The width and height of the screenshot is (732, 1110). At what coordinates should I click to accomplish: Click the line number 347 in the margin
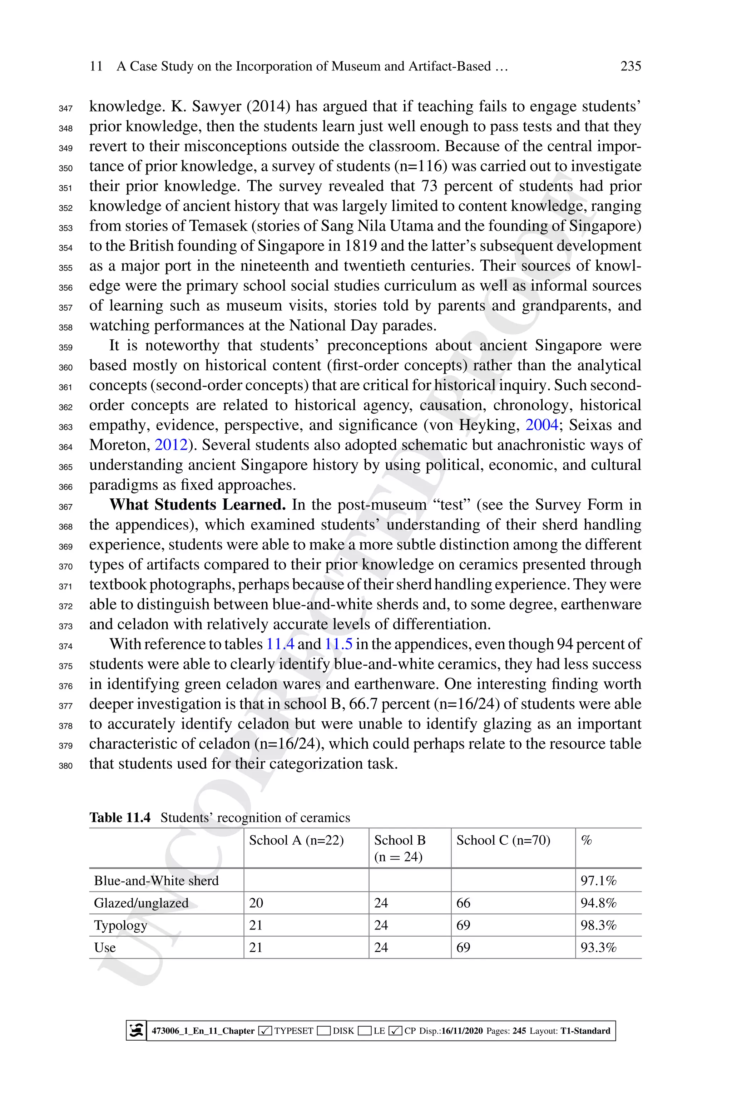65,108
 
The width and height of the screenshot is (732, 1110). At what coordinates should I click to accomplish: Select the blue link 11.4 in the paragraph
280,644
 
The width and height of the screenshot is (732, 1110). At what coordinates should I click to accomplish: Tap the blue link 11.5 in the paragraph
338,644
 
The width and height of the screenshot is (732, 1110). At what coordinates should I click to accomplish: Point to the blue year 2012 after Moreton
171,445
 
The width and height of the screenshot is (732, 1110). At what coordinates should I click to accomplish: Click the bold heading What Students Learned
197,504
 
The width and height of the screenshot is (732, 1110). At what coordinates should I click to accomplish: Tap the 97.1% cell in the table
598,881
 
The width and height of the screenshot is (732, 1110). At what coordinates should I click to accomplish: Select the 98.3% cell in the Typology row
598,925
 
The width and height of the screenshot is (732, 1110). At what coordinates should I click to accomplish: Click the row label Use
105,948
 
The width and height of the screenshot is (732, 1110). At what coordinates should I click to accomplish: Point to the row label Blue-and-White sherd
157,881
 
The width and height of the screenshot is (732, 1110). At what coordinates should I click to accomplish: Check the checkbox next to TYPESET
265,1031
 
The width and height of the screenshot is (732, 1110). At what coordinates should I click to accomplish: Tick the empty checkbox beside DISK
323,1031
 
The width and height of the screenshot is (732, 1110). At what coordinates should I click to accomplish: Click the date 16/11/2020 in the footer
462,1031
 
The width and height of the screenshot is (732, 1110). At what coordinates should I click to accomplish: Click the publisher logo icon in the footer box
136,1030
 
